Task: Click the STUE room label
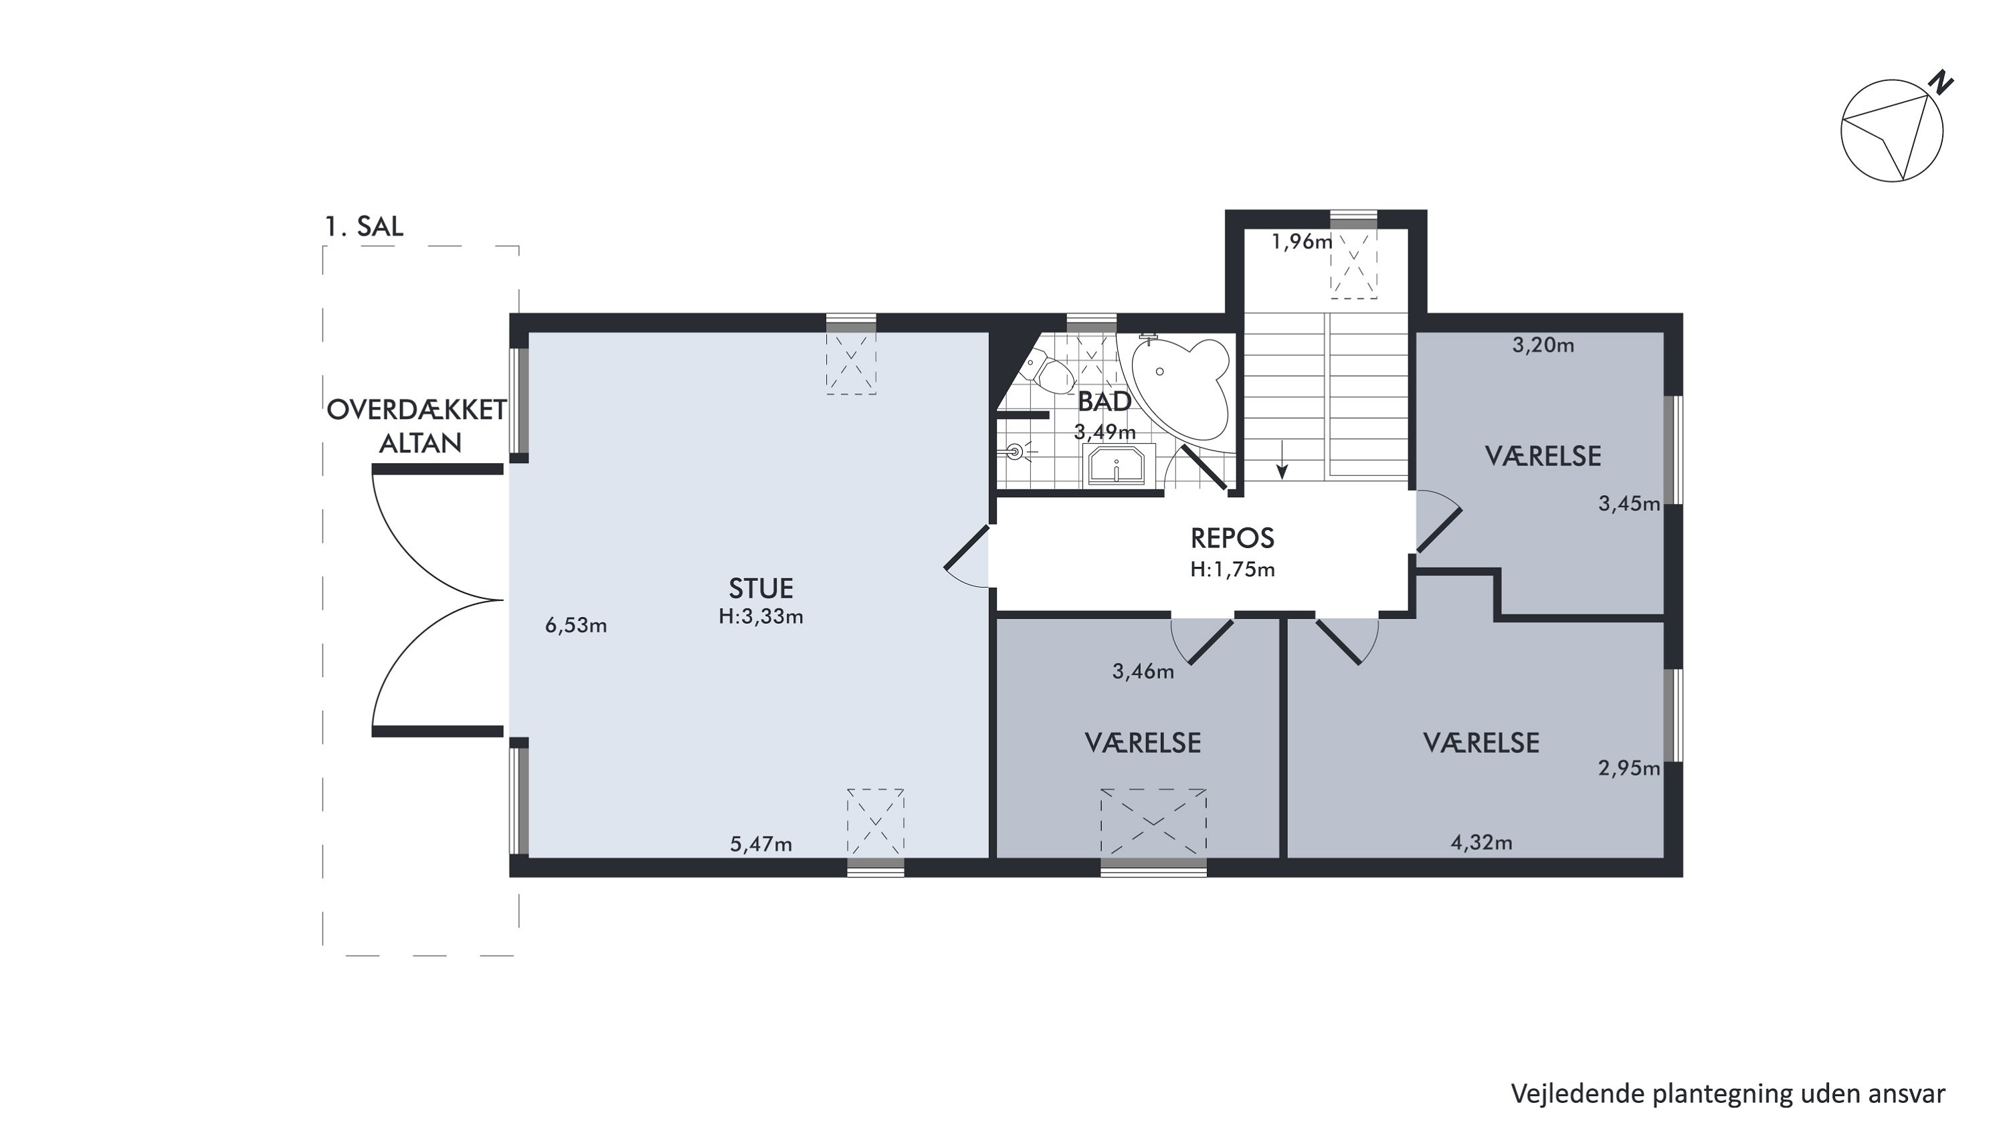(761, 588)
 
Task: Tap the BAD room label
(1104, 402)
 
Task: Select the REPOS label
(1232, 538)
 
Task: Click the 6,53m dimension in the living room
(576, 626)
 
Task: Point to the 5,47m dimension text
(761, 845)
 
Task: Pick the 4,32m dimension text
(1481, 843)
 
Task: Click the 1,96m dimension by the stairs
(1302, 242)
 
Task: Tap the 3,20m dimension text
(1543, 345)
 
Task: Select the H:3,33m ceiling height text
(761, 616)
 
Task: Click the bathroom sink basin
(1116, 465)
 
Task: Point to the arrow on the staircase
(1282, 460)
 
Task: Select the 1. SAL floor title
(364, 227)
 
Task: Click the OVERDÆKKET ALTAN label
(417, 426)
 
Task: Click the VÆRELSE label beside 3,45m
(1543, 456)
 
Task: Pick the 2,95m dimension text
(1629, 769)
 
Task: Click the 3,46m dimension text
(1143, 672)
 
